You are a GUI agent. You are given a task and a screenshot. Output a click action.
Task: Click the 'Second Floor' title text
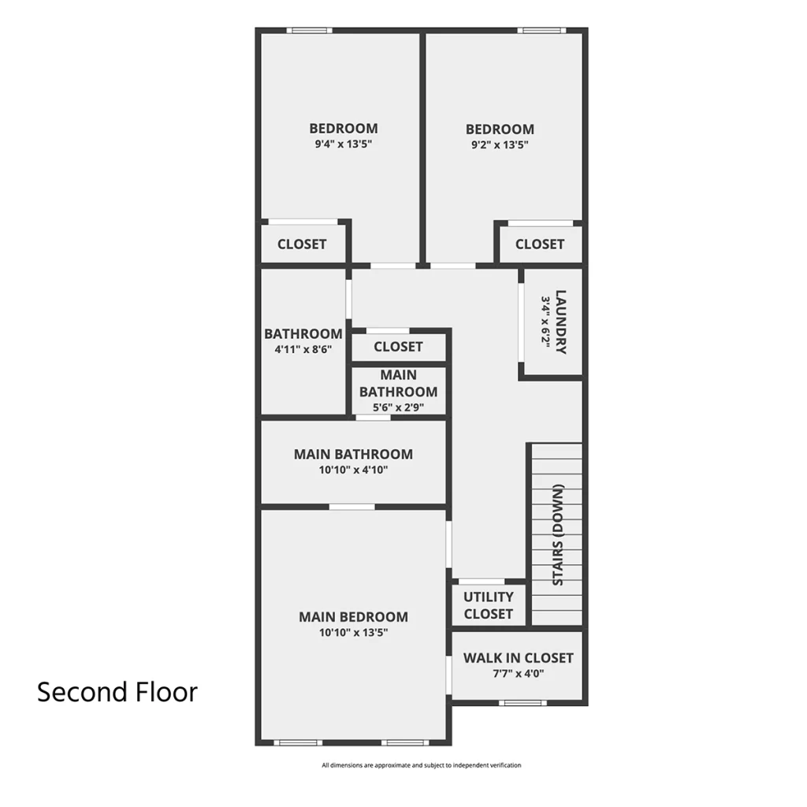(x=117, y=692)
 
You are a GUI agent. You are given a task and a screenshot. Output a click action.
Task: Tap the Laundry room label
(x=561, y=322)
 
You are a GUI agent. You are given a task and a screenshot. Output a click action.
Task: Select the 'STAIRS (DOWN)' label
(x=558, y=535)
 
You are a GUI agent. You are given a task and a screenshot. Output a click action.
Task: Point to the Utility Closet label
(x=489, y=605)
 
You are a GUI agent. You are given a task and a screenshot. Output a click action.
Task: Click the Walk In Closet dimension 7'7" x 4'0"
(x=519, y=673)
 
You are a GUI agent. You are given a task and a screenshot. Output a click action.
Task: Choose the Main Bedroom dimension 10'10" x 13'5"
(x=354, y=632)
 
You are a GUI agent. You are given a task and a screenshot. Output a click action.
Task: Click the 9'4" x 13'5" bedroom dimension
(x=344, y=143)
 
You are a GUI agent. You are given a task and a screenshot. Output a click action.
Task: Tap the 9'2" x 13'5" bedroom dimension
(x=500, y=145)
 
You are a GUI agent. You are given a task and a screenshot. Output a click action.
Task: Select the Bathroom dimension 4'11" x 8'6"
(x=303, y=349)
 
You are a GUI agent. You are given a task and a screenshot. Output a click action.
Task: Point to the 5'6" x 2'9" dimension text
(x=398, y=407)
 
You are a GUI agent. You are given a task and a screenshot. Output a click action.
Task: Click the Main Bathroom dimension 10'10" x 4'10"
(x=354, y=470)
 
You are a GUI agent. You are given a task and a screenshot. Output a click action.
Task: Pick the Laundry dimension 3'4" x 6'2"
(x=545, y=322)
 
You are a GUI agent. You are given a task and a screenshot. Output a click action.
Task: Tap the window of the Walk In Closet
(x=523, y=702)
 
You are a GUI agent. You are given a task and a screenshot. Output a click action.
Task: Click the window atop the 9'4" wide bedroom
(x=309, y=31)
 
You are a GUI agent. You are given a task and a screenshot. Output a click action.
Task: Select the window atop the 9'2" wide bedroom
(x=542, y=31)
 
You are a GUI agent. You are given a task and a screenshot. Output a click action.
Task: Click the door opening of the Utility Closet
(x=482, y=581)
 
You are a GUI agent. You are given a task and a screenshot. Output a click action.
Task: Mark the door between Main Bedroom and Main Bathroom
(x=352, y=507)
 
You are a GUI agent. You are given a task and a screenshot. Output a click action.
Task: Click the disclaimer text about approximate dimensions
(x=422, y=765)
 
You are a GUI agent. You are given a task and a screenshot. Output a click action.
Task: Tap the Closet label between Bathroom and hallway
(x=398, y=347)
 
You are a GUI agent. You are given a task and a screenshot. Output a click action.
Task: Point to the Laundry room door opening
(x=521, y=322)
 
